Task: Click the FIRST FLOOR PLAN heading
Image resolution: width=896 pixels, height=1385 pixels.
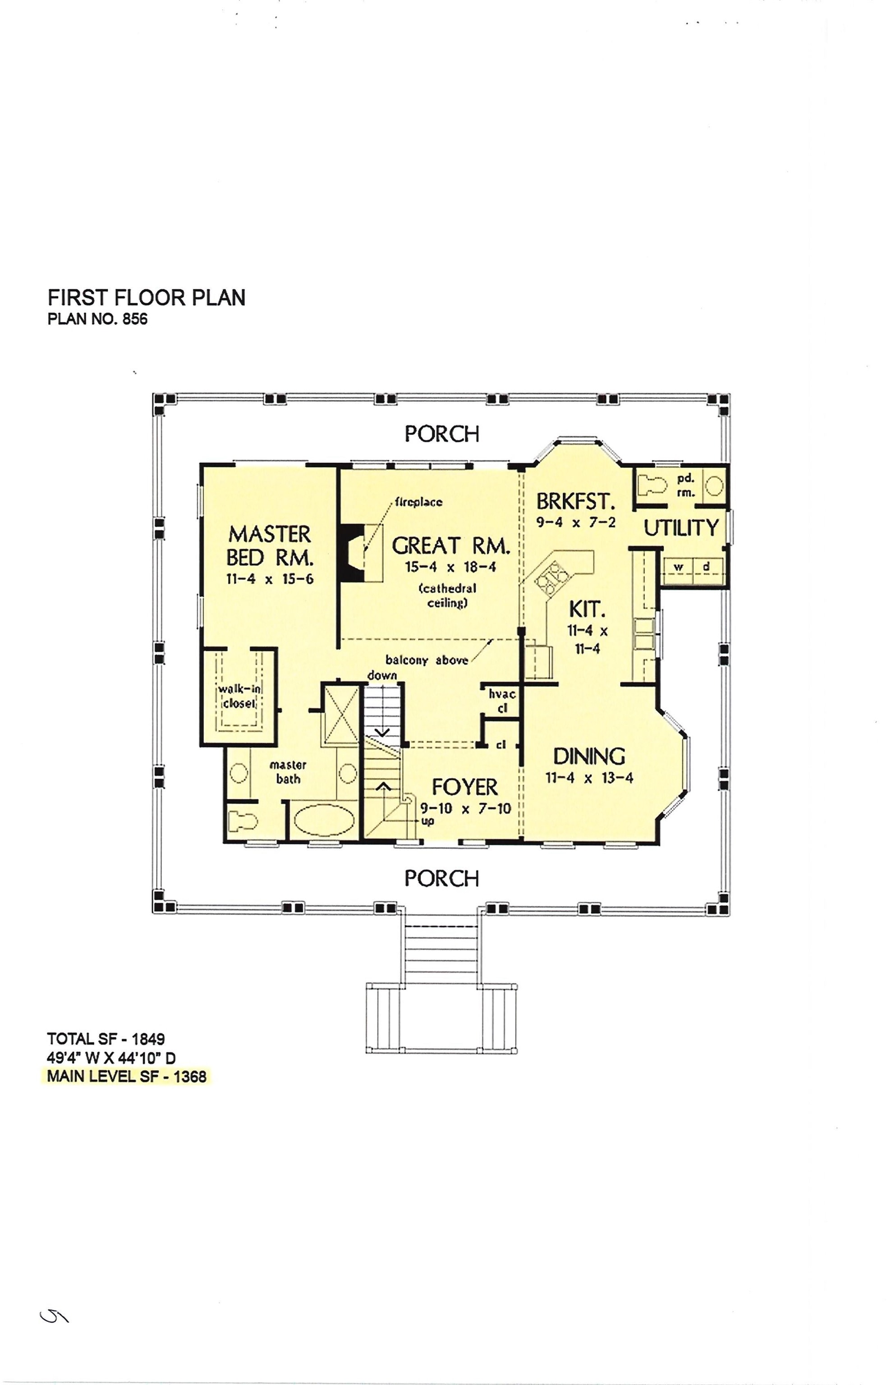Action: (146, 298)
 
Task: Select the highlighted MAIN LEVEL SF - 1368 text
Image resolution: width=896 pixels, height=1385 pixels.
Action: (127, 1076)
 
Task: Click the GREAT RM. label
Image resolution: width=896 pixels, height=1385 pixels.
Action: (451, 546)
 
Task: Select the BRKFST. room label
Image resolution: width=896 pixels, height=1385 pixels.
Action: (575, 501)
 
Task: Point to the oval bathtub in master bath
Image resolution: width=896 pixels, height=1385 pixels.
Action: (323, 820)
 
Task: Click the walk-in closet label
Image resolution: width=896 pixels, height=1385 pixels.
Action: (239, 696)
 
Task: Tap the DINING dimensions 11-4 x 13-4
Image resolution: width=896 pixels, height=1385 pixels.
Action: (589, 778)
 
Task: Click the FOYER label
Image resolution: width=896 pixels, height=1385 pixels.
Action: (464, 787)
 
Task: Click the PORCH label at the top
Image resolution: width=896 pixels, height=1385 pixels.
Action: (441, 434)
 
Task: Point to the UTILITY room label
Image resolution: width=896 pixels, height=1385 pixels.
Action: (681, 527)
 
